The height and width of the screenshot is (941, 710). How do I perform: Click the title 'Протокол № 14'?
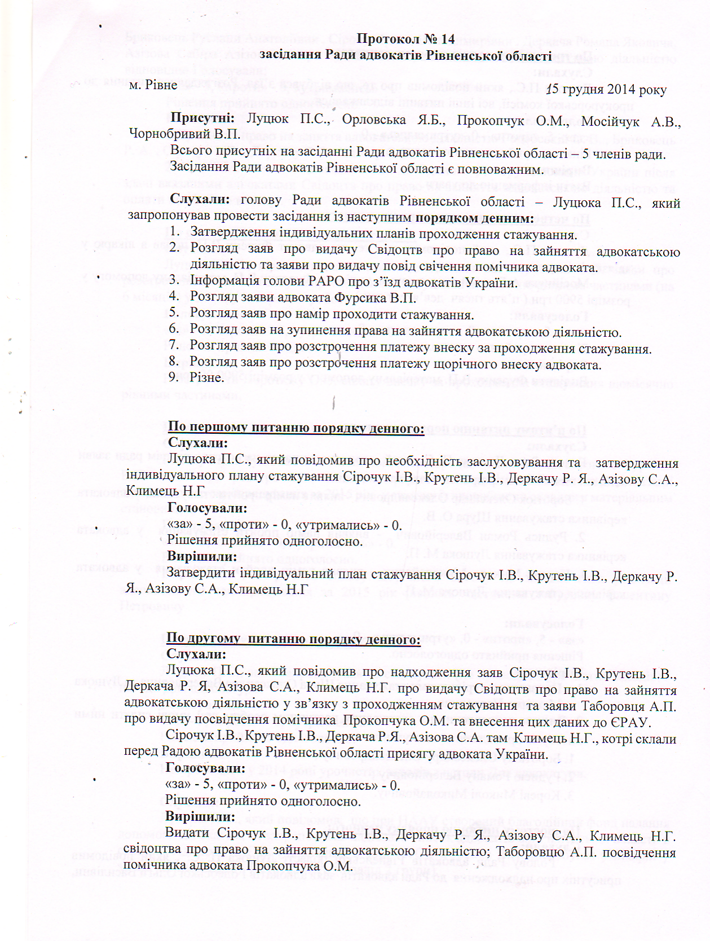pyautogui.click(x=405, y=39)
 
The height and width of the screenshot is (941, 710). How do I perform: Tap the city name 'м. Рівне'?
pyautogui.click(x=153, y=85)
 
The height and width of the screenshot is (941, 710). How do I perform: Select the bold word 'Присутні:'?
pyautogui.click(x=202, y=118)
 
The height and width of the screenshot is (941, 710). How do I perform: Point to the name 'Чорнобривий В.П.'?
pyautogui.click(x=184, y=134)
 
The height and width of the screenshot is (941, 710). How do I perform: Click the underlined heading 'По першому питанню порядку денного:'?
pyautogui.click(x=296, y=428)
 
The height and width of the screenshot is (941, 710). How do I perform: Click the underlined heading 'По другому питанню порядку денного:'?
pyautogui.click(x=293, y=639)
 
